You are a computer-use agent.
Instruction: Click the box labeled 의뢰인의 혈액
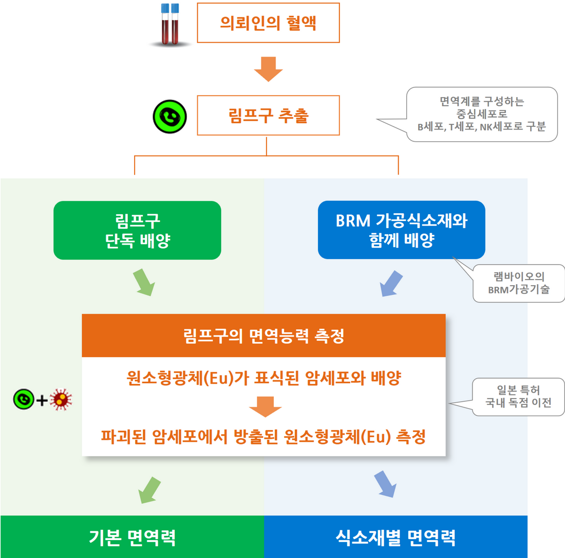point(268,23)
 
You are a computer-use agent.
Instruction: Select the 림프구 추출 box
point(268,115)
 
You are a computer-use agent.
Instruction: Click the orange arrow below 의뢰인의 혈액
point(268,69)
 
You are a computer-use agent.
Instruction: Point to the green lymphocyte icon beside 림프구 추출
point(169,117)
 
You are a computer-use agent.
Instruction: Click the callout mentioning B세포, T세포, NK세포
point(481,114)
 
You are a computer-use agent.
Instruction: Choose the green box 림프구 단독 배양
point(137,230)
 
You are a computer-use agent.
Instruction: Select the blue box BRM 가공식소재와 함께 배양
point(402,230)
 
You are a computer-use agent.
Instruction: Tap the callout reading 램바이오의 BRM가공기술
point(519,283)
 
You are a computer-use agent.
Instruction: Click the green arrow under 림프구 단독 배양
point(144,282)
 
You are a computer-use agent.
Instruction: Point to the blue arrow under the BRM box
point(391,283)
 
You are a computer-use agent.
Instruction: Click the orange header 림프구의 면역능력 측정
point(264,336)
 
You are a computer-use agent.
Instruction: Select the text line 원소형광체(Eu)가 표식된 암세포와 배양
point(264,378)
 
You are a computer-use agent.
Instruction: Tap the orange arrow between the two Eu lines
point(265,407)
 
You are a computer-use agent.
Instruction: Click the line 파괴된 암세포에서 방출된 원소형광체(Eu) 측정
point(263,437)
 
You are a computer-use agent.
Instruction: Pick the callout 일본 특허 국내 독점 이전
point(518,397)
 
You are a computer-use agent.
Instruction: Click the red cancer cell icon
point(61,399)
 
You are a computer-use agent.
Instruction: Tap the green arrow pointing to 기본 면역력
point(149,490)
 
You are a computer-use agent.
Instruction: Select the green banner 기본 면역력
point(132,537)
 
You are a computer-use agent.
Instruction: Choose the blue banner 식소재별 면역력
point(395,537)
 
